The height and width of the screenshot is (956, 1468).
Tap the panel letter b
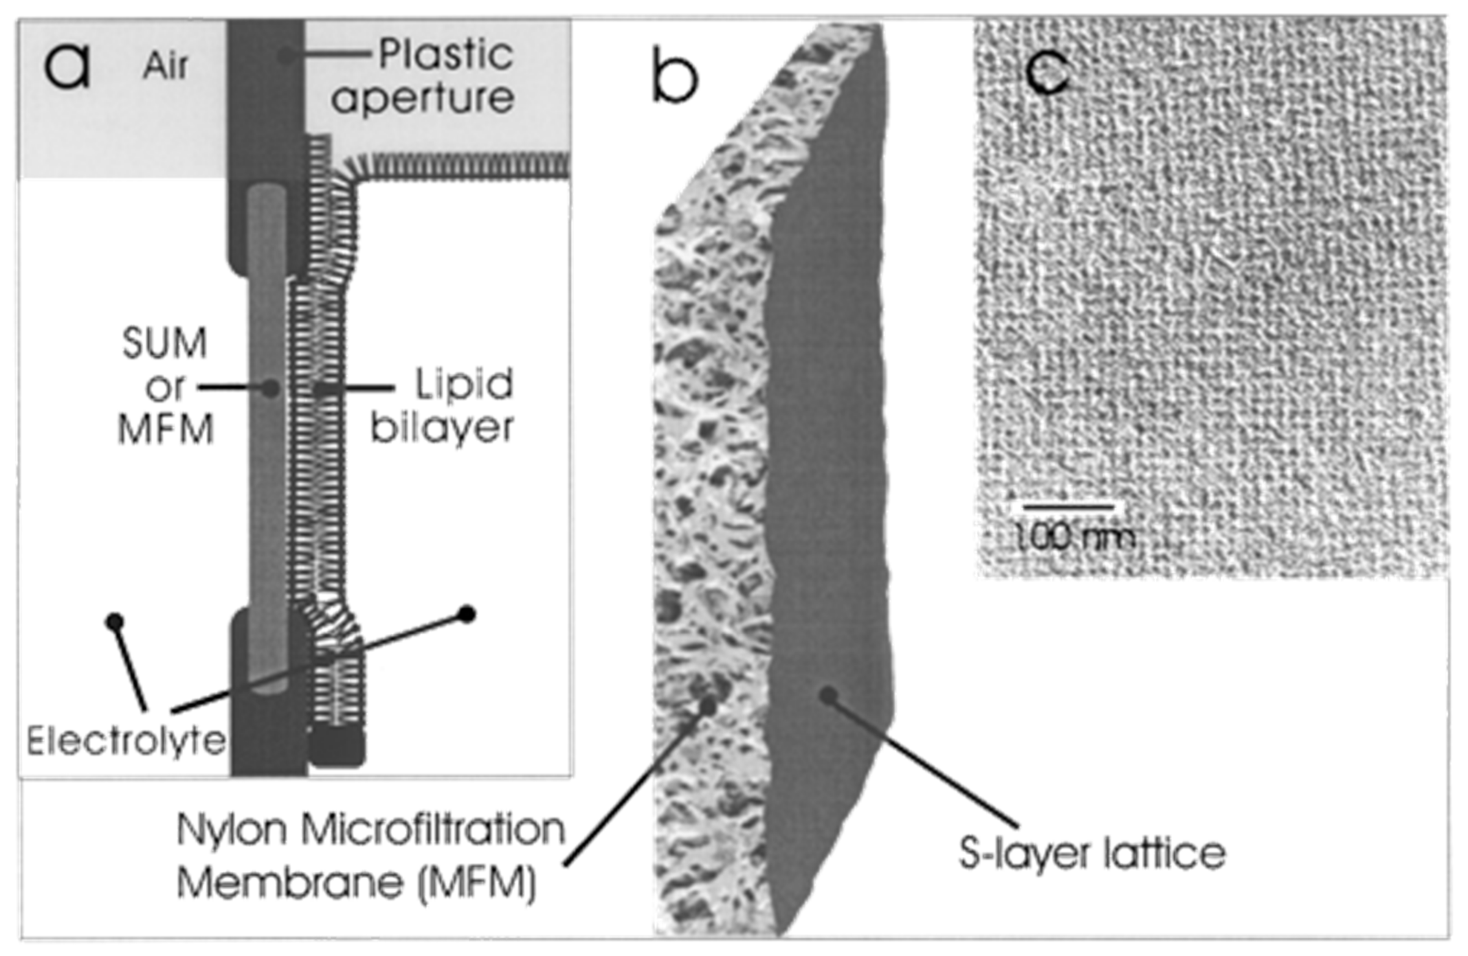pyautogui.click(x=674, y=76)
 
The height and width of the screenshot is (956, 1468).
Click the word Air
pyautogui.click(x=166, y=65)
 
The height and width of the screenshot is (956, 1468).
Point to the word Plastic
pyautogui.click(x=446, y=54)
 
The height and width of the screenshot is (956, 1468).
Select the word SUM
pyautogui.click(x=164, y=343)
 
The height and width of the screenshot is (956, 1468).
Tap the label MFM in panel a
pyautogui.click(x=166, y=429)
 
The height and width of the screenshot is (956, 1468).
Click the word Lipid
pyautogui.click(x=463, y=384)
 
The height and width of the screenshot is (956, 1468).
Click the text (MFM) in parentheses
pyautogui.click(x=478, y=883)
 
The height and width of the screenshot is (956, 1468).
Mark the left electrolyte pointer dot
pyautogui.click(x=115, y=622)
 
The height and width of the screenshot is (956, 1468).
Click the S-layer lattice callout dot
pyautogui.click(x=827, y=696)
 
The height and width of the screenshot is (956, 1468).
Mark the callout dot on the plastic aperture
pyautogui.click(x=285, y=56)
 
